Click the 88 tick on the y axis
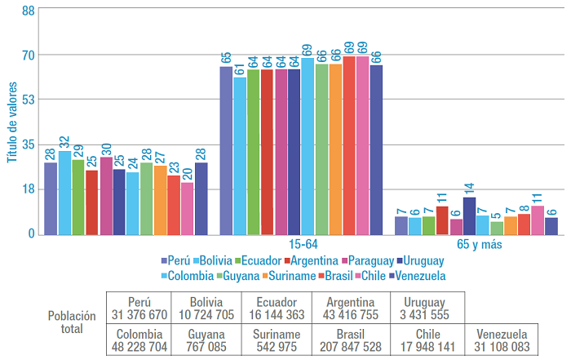(x=28, y=11)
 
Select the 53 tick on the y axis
(x=28, y=100)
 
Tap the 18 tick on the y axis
(x=28, y=189)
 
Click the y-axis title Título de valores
(x=12, y=122)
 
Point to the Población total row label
(x=71, y=322)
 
